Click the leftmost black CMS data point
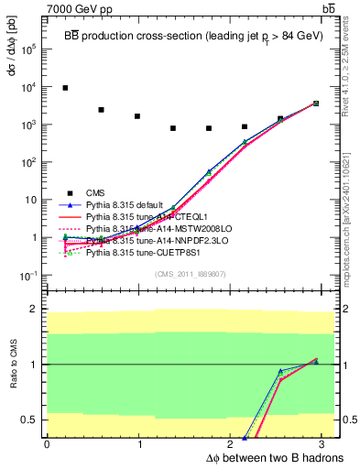pos(65,88)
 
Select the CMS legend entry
pos(96,193)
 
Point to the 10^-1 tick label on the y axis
pos(28,276)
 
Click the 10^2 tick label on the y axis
pos(28,162)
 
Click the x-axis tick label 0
pos(47,444)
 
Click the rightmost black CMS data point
pos(316,104)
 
